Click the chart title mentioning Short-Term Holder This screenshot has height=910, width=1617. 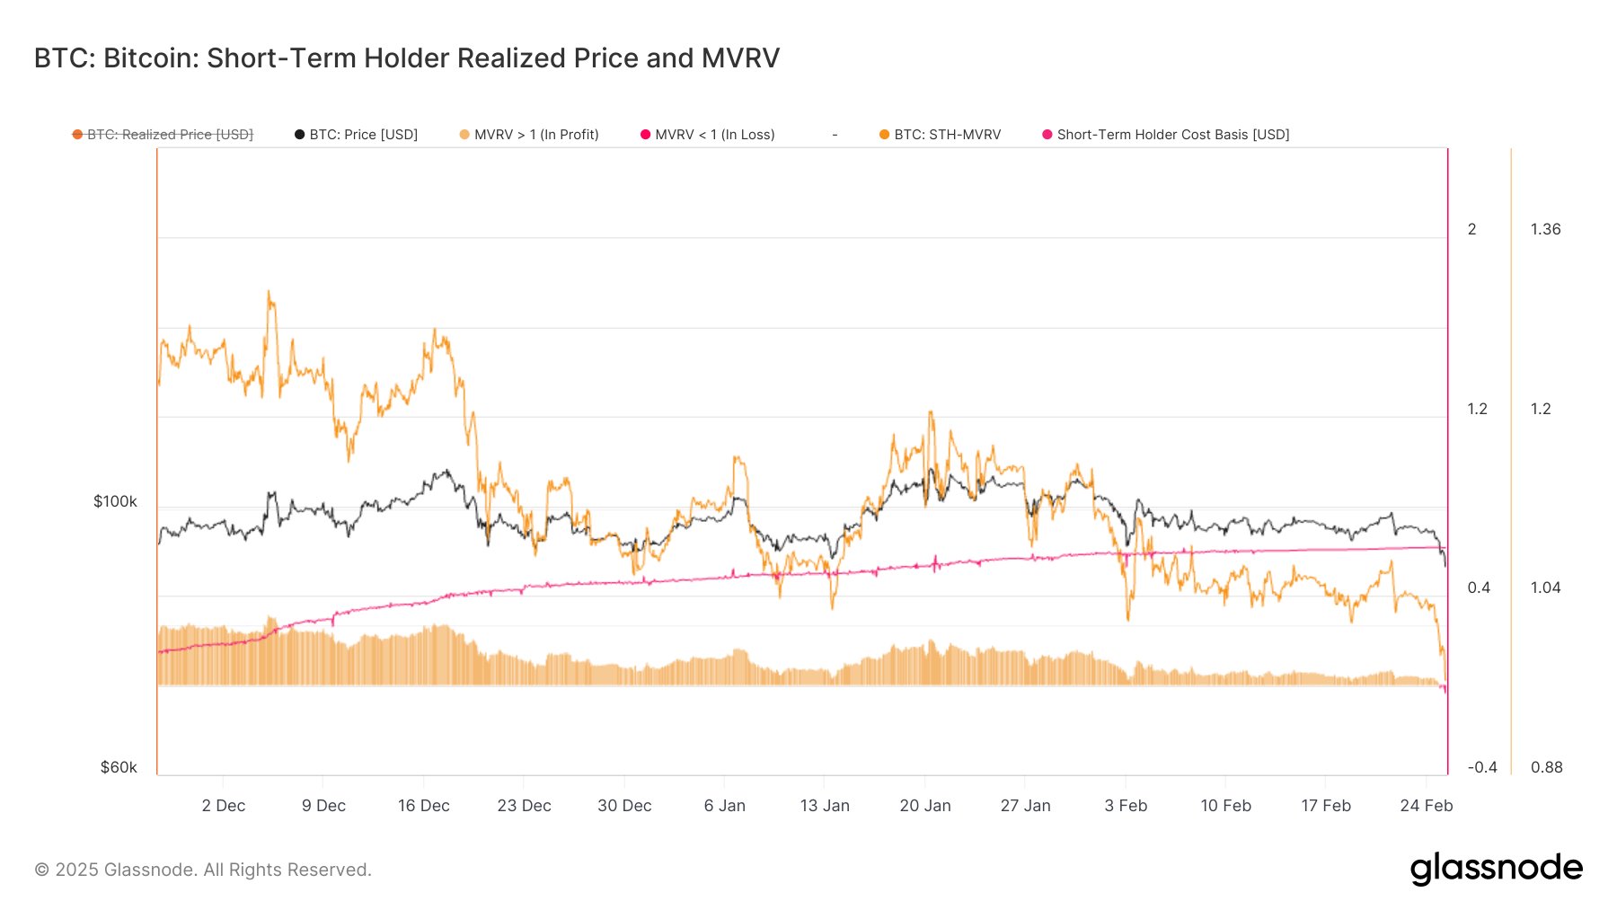(406, 58)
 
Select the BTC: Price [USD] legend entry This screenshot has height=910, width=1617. (356, 135)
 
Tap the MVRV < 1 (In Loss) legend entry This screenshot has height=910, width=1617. (707, 135)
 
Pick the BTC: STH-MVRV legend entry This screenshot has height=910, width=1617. (940, 135)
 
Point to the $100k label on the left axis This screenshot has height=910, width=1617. (115, 501)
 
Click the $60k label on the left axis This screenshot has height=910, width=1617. (119, 767)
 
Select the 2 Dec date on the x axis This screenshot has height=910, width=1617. (224, 806)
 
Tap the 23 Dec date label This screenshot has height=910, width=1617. (524, 806)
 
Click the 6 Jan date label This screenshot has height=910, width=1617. (725, 806)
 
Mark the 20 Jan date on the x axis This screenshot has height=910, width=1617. (925, 806)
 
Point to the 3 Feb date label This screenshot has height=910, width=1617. (1126, 806)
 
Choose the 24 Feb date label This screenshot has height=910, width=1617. (1427, 806)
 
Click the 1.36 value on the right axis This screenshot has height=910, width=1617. (1546, 229)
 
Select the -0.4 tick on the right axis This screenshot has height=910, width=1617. (1482, 767)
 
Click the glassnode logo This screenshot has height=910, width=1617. (1496, 869)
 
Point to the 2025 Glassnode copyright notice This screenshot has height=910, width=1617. (203, 870)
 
